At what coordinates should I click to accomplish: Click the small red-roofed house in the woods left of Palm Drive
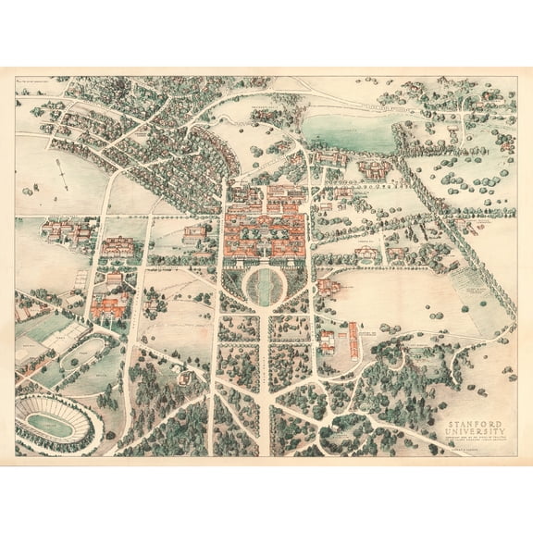186,377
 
